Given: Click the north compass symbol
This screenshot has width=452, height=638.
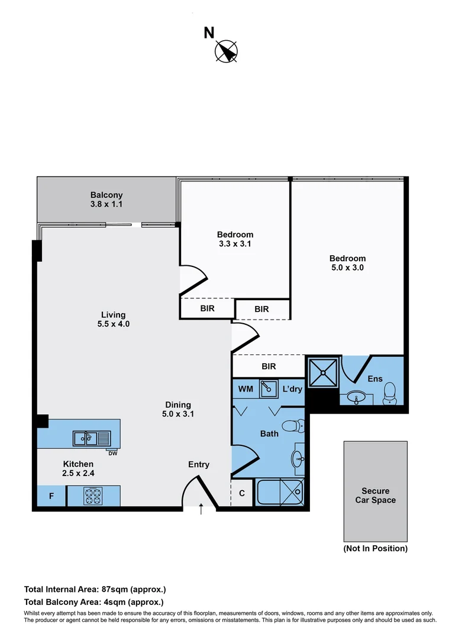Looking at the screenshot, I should point(225,51).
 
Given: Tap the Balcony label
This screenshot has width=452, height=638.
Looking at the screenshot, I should point(106,195).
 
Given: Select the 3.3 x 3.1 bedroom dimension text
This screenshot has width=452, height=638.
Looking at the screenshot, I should point(235,243).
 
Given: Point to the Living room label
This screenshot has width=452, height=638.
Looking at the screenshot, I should point(113,315).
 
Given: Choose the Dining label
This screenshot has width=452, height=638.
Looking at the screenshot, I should point(178,405).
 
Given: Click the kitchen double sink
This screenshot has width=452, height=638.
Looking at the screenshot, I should point(86,438).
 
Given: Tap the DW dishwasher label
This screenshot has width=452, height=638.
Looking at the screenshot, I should point(112,453).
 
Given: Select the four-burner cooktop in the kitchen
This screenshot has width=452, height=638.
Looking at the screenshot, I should point(93,496).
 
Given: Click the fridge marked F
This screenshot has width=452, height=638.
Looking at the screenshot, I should point(51,496).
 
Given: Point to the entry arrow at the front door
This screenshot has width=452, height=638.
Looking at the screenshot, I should point(201,508).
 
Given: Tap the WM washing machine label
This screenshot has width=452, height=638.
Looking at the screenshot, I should point(245,389).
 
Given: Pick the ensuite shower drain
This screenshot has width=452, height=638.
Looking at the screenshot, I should point(322,372).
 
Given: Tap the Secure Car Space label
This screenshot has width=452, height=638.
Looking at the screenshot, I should point(375,495).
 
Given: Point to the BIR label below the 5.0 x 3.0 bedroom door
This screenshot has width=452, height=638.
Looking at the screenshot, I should point(269,366).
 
